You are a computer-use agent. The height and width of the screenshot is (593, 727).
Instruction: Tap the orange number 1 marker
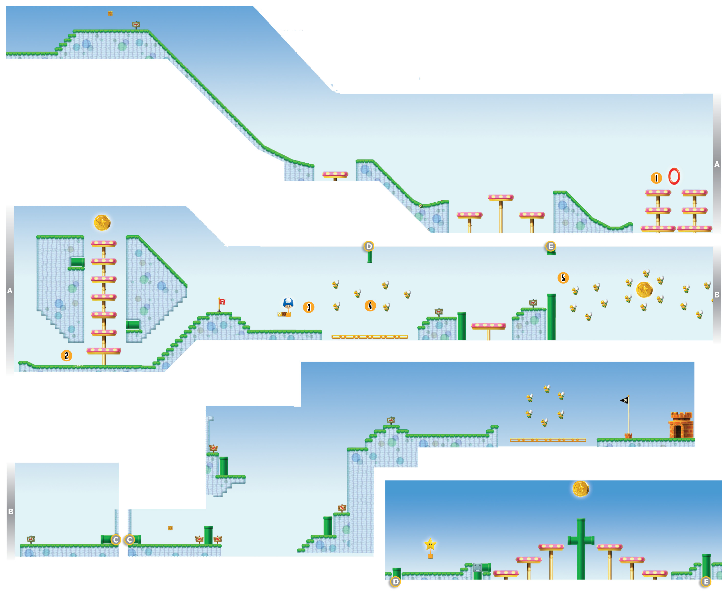[x=656, y=178]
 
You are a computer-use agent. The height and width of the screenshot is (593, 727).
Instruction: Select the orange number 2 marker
[x=67, y=356]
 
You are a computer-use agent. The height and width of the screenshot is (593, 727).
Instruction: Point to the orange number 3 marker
[x=308, y=307]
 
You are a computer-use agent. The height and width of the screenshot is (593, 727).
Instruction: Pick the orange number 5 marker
[x=563, y=278]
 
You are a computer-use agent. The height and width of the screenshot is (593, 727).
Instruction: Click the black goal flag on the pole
[x=624, y=400]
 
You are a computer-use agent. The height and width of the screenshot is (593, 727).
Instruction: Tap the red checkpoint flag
[x=222, y=302]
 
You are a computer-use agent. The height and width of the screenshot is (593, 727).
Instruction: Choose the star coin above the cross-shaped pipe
[x=581, y=489]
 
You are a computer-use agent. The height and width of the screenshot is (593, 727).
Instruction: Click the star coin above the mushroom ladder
[x=102, y=223]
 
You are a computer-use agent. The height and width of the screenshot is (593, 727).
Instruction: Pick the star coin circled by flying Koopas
[x=644, y=290]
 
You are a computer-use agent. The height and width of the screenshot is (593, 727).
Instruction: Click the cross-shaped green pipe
[x=581, y=549]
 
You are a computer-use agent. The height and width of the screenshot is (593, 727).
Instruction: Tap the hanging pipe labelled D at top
[x=369, y=256]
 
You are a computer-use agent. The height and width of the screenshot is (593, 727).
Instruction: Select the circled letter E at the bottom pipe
[x=706, y=582]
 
